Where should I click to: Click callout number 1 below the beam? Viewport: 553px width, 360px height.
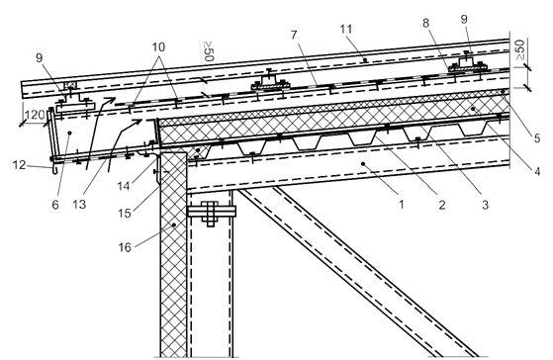click(x=401, y=204)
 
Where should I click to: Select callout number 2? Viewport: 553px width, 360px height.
click(x=441, y=204)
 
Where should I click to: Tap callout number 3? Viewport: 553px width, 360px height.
click(x=485, y=204)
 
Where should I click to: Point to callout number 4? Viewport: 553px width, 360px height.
click(x=537, y=172)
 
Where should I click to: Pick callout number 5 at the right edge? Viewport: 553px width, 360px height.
click(x=537, y=137)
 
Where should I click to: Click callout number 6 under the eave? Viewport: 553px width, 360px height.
click(x=55, y=205)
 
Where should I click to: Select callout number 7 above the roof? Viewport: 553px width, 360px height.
click(x=294, y=35)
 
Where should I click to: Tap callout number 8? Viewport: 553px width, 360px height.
click(x=425, y=23)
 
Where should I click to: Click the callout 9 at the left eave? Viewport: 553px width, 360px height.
click(x=39, y=57)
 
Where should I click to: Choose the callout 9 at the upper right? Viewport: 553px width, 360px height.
click(x=464, y=19)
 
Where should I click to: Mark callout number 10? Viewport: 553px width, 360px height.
click(x=158, y=46)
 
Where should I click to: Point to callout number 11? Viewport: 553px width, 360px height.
click(x=346, y=29)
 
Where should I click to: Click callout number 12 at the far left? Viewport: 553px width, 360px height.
click(x=20, y=164)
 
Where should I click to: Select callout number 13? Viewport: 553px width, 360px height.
click(x=79, y=204)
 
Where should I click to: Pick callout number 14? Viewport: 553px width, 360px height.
click(x=124, y=186)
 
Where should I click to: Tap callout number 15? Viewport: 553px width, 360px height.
click(x=125, y=213)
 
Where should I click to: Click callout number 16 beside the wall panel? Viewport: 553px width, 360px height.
click(x=125, y=247)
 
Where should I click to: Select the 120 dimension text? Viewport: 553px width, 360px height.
click(x=35, y=115)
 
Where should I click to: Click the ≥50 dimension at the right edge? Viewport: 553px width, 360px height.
click(x=518, y=49)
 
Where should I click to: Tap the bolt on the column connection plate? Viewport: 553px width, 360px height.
click(x=210, y=212)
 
